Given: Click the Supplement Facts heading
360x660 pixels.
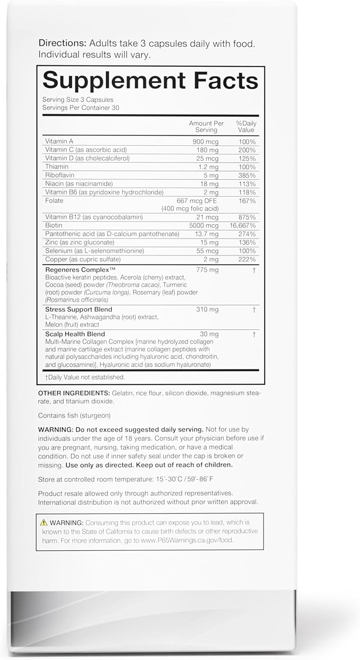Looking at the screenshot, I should tap(150, 80).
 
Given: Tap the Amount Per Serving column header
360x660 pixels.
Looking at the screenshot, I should tap(206, 127).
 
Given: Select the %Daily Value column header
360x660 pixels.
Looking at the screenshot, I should tap(246, 127).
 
